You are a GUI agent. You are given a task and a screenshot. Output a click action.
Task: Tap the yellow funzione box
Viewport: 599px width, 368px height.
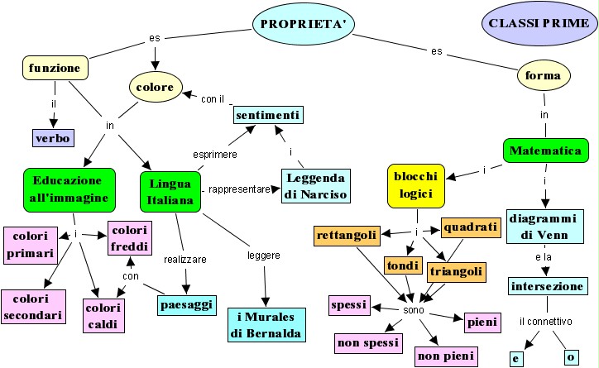click(x=53, y=68)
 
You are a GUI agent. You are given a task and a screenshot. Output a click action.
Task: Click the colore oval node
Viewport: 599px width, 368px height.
click(x=155, y=87)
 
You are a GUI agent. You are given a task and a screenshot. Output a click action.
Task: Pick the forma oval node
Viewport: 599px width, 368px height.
click(x=544, y=77)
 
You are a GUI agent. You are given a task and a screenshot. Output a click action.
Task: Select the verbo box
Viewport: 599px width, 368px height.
click(x=53, y=137)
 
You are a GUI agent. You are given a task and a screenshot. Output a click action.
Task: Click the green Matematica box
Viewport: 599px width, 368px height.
click(x=545, y=151)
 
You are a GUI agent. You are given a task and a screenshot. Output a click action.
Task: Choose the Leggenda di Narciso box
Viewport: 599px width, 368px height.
click(x=315, y=186)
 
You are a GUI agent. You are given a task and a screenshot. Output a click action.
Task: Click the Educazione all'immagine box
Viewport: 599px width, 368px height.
click(x=67, y=189)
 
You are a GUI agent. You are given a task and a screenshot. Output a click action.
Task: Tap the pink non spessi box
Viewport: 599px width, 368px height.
click(x=368, y=342)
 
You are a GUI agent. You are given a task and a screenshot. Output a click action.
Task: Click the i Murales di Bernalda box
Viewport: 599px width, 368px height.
click(x=266, y=324)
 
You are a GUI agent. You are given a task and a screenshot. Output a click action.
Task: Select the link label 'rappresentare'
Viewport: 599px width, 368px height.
click(x=240, y=189)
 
